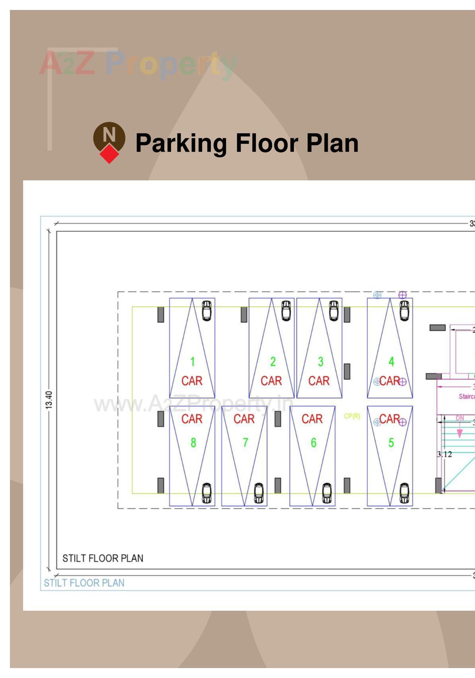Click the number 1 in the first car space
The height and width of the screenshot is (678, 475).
[193, 361]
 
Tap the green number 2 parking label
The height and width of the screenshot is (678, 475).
[273, 361]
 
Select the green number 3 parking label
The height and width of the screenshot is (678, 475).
[320, 361]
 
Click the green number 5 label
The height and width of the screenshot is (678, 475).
[391, 443]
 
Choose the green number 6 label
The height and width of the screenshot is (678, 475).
[313, 443]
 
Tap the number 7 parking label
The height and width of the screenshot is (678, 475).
[245, 443]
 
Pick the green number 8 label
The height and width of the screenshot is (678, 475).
[193, 443]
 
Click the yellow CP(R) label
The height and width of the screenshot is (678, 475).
[352, 416]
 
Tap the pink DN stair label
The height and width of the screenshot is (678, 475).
[459, 418]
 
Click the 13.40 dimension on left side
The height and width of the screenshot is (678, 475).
[49, 400]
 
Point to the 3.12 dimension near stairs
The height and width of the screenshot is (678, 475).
[444, 454]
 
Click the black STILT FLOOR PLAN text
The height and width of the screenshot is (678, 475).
[103, 558]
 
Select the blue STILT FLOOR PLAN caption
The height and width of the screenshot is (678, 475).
[84, 583]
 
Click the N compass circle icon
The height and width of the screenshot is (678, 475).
[109, 137]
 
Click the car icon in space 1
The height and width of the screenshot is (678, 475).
[206, 311]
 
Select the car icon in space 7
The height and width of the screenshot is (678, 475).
[259, 493]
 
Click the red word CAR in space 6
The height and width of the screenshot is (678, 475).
[312, 419]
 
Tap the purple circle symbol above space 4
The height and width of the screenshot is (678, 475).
[403, 295]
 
